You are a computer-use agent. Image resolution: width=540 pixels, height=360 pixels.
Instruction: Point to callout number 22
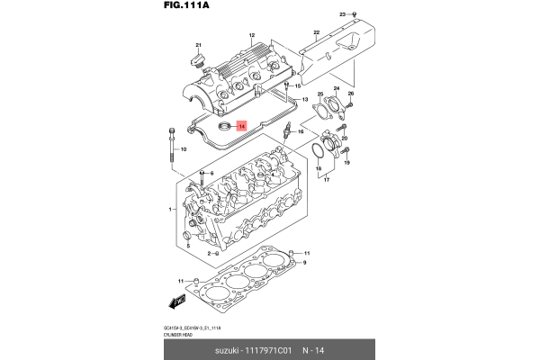(316, 32)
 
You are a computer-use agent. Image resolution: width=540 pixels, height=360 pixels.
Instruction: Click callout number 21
(200, 46)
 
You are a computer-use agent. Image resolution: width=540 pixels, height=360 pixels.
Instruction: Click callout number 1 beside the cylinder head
(169, 209)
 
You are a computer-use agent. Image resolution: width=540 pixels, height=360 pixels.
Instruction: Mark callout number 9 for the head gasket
(305, 263)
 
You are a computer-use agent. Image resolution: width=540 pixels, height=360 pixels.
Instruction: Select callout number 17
(326, 180)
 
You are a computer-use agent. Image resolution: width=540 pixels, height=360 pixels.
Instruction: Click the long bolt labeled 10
(170, 148)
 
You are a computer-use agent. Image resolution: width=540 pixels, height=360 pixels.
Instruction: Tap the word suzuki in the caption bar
(229, 349)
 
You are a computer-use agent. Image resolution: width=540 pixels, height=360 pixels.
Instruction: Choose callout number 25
(320, 93)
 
